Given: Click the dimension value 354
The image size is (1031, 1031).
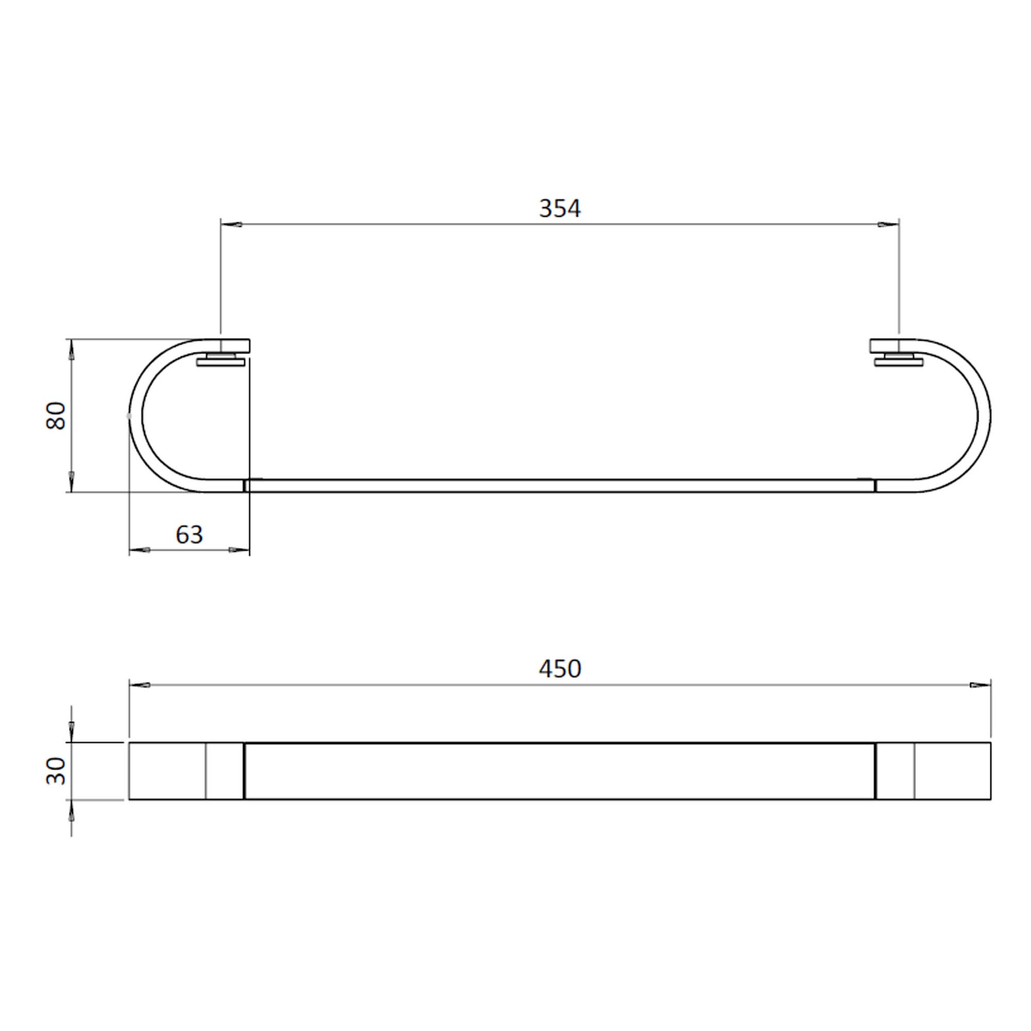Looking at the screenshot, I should (559, 209).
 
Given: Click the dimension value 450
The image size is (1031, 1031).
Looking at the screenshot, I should (559, 669).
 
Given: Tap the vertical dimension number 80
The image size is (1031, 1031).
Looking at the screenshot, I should (56, 415).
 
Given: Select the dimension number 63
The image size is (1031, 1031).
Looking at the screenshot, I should (189, 535).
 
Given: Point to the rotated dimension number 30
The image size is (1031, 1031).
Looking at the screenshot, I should (56, 771).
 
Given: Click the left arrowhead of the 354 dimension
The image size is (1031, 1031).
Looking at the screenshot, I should (231, 225).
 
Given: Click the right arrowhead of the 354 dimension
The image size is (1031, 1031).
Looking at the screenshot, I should (889, 225).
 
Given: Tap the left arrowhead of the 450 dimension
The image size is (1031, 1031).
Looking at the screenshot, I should (139, 685).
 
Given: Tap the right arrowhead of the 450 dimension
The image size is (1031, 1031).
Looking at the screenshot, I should (981, 685).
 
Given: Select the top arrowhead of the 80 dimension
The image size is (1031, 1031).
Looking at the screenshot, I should (72, 350).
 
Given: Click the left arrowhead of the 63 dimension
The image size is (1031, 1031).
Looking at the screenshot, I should (139, 550).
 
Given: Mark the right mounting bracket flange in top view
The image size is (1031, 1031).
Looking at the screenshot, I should (899, 363).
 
